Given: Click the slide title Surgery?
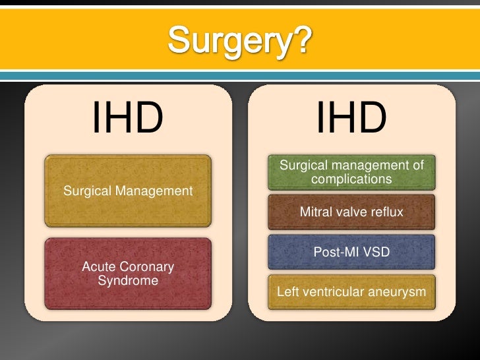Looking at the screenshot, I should [x=239, y=42].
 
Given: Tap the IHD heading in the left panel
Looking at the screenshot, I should [x=127, y=119].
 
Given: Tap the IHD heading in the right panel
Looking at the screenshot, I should [x=351, y=119].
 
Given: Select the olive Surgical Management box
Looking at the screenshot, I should [x=128, y=191].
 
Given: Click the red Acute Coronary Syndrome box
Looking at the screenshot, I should [x=128, y=274].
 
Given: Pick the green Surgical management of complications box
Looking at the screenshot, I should [x=351, y=171].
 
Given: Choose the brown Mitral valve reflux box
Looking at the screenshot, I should [x=351, y=212].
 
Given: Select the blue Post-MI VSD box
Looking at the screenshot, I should [x=351, y=252].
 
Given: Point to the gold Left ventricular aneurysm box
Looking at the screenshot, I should [x=351, y=291].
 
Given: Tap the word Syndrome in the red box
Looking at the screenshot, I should [x=128, y=281].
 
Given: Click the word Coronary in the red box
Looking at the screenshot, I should [x=148, y=267].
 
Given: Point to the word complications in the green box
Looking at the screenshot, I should [x=351, y=179].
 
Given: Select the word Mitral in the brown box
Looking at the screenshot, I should [x=315, y=212].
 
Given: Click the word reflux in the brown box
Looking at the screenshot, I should [x=386, y=212].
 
